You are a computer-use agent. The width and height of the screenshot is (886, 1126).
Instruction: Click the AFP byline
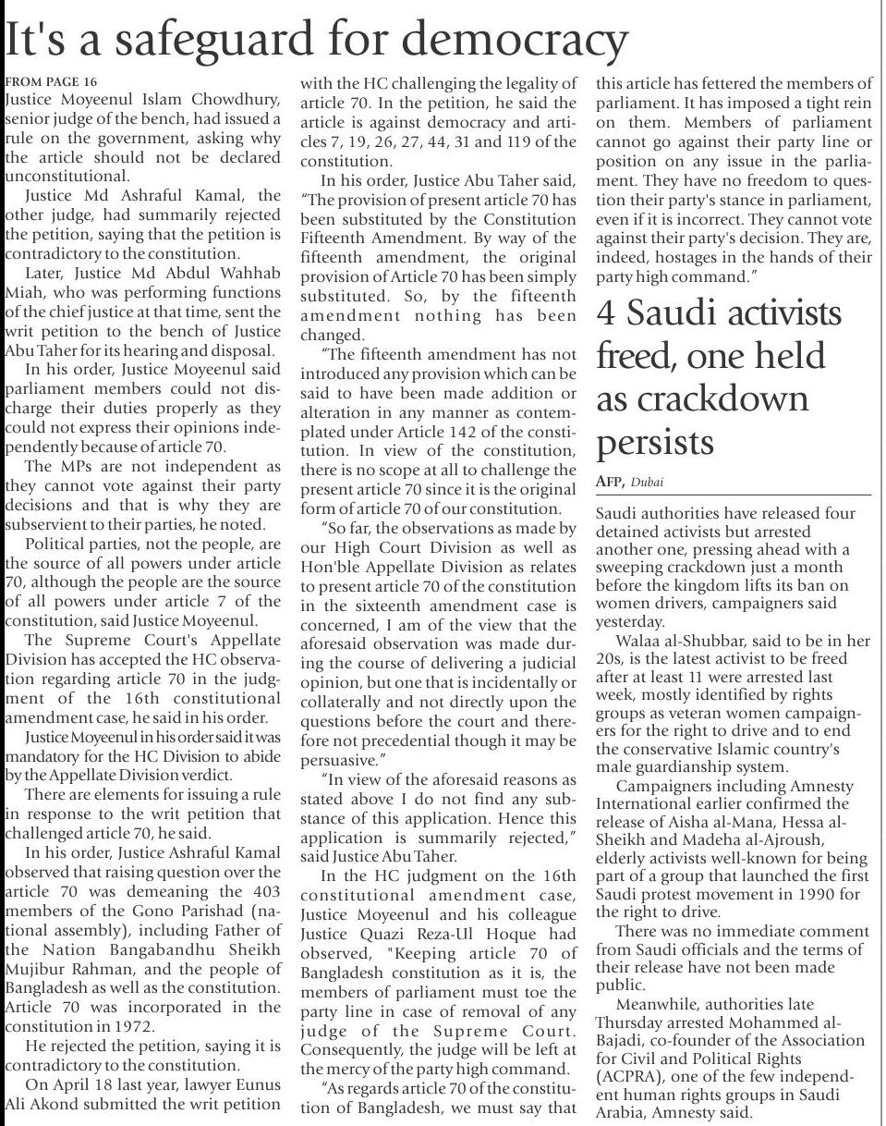(609, 482)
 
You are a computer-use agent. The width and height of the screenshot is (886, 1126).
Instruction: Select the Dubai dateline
(647, 483)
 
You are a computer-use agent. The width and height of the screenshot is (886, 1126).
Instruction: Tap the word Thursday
(625, 1022)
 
